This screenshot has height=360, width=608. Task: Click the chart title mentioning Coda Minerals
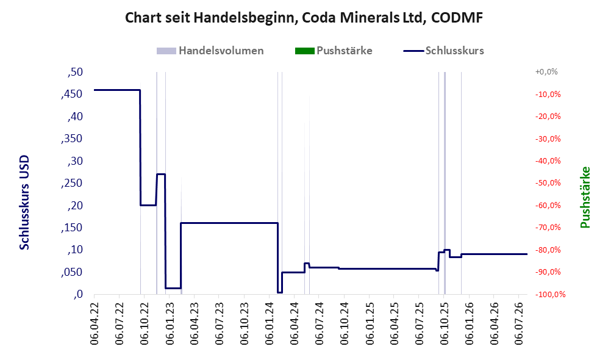tap(304, 18)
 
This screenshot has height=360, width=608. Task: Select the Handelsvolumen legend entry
tap(210, 51)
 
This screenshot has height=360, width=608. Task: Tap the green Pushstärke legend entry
tap(334, 51)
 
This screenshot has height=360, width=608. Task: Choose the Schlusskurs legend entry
tap(443, 51)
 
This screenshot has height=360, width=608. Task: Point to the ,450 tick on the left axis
tap(72, 94)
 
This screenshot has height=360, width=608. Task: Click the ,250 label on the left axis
tap(72, 183)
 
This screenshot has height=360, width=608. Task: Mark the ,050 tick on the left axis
tap(72, 272)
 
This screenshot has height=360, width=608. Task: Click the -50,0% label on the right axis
tap(548, 182)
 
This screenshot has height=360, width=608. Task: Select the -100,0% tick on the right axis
tap(550, 295)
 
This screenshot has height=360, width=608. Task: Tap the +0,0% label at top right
tap(546, 72)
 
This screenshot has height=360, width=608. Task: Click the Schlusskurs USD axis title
tap(24, 203)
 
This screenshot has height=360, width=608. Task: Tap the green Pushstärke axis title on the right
tap(585, 198)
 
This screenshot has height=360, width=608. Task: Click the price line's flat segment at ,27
tap(161, 174)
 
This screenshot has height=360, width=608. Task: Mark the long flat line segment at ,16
tap(229, 223)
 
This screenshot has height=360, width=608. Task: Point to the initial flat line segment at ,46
tap(116, 90)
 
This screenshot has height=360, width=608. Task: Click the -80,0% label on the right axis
tap(548, 250)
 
